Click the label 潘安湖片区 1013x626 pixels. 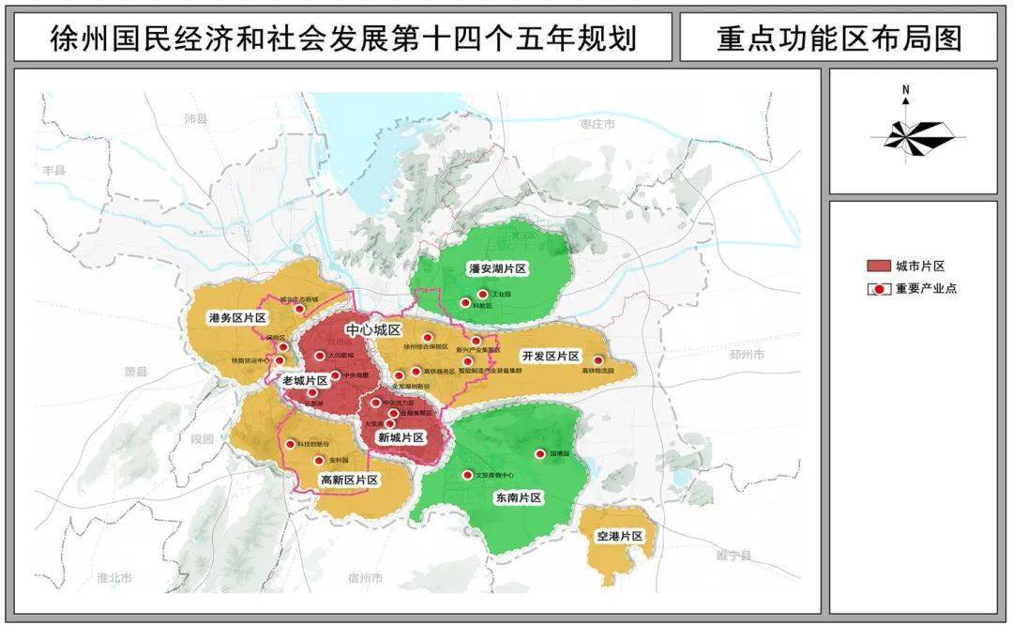pyautogui.click(x=498, y=268)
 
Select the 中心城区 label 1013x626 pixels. pyautogui.click(x=373, y=330)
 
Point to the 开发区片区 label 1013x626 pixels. pyautogui.click(x=552, y=357)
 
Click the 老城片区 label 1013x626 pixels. pyautogui.click(x=305, y=380)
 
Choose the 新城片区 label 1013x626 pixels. pyautogui.click(x=401, y=437)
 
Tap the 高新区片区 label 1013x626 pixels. pyautogui.click(x=349, y=480)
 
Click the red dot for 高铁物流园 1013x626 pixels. pyautogui.click(x=597, y=359)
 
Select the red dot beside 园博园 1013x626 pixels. pyautogui.click(x=539, y=454)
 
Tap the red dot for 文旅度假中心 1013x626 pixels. pyautogui.click(x=467, y=475)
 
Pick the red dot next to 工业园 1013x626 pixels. pyautogui.click(x=482, y=294)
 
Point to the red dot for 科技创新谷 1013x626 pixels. pyautogui.click(x=290, y=444)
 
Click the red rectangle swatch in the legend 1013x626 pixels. pyautogui.click(x=878, y=266)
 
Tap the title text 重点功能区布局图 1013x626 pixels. pyautogui.click(x=825, y=38)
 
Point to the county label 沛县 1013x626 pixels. pyautogui.click(x=195, y=119)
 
